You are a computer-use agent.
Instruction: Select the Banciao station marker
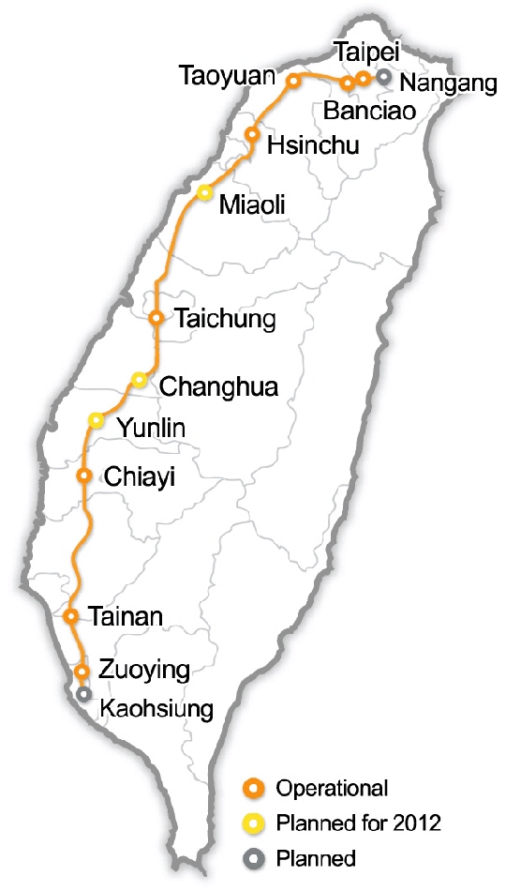tap(348, 83)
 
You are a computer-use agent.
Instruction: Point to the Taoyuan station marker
tap(292, 82)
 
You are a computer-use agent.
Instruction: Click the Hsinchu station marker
tap(251, 134)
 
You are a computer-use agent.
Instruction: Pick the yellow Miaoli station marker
tap(204, 192)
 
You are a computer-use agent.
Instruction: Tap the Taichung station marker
tap(156, 318)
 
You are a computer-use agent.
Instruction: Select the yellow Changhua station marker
tap(139, 379)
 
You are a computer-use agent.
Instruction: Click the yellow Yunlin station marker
tap(96, 419)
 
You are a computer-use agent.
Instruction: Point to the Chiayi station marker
tap(84, 476)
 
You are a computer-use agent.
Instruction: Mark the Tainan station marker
tap(70, 616)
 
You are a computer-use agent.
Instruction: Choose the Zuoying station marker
tap(82, 671)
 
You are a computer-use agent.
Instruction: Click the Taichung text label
tap(225, 320)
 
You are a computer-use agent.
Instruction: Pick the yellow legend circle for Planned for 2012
tap(253, 823)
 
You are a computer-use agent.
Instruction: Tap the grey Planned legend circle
tap(253, 857)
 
